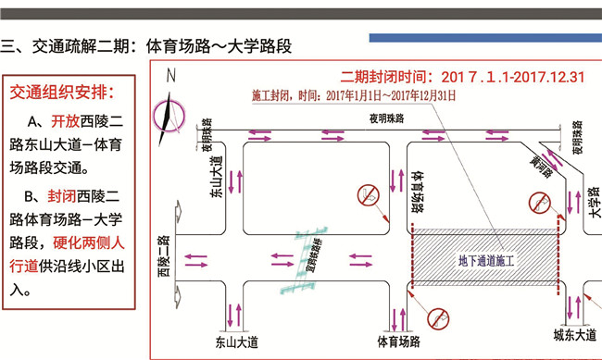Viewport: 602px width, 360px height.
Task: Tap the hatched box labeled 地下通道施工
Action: pos(485,261)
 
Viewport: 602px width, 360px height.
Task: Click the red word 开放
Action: pos(66,122)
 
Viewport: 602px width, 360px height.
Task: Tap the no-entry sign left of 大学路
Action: pos(540,203)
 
